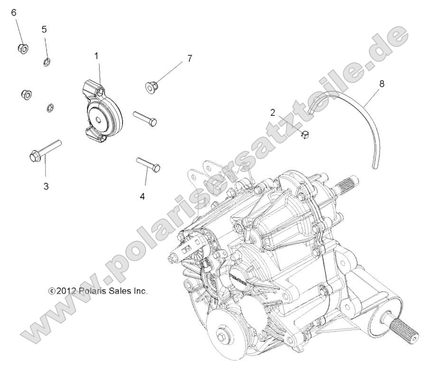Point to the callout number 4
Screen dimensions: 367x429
click(x=142, y=195)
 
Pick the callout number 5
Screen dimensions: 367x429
click(x=44, y=29)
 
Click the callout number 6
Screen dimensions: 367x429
click(x=14, y=12)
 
